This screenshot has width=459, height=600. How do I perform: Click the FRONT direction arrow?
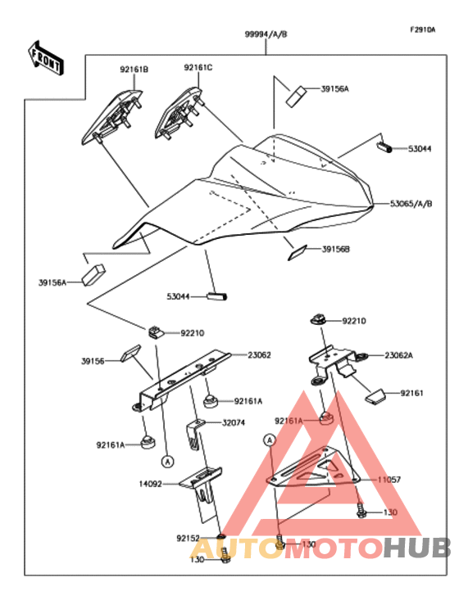point(46,58)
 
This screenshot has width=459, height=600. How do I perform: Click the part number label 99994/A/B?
point(266,34)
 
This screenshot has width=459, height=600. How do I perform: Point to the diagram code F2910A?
point(423,29)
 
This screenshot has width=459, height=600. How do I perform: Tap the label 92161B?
point(134,70)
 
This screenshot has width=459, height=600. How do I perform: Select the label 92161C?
point(198,68)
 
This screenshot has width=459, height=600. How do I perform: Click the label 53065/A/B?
point(411,204)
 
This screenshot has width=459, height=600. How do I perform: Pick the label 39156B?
point(335,249)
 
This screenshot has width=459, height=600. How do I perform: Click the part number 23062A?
point(399,355)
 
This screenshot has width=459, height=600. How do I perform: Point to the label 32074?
point(234,423)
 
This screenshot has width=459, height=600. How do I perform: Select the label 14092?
point(150,484)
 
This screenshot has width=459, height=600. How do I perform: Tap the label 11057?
point(389,480)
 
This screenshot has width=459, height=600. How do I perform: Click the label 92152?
point(189,539)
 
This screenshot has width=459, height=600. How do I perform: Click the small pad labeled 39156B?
point(298,253)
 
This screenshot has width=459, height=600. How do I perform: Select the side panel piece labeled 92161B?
point(111,117)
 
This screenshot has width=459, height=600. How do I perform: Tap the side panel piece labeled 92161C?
point(179,114)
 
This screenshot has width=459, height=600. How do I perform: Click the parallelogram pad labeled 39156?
point(130,353)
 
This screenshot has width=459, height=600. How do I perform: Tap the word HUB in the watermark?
point(417,548)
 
